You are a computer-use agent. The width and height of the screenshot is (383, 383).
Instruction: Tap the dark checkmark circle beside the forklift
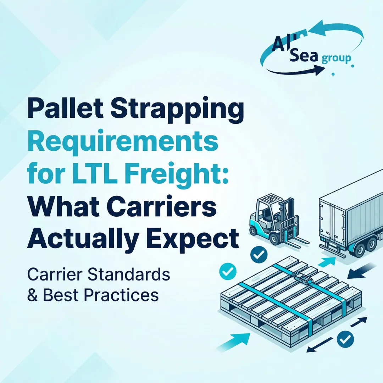(x=259, y=254)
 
